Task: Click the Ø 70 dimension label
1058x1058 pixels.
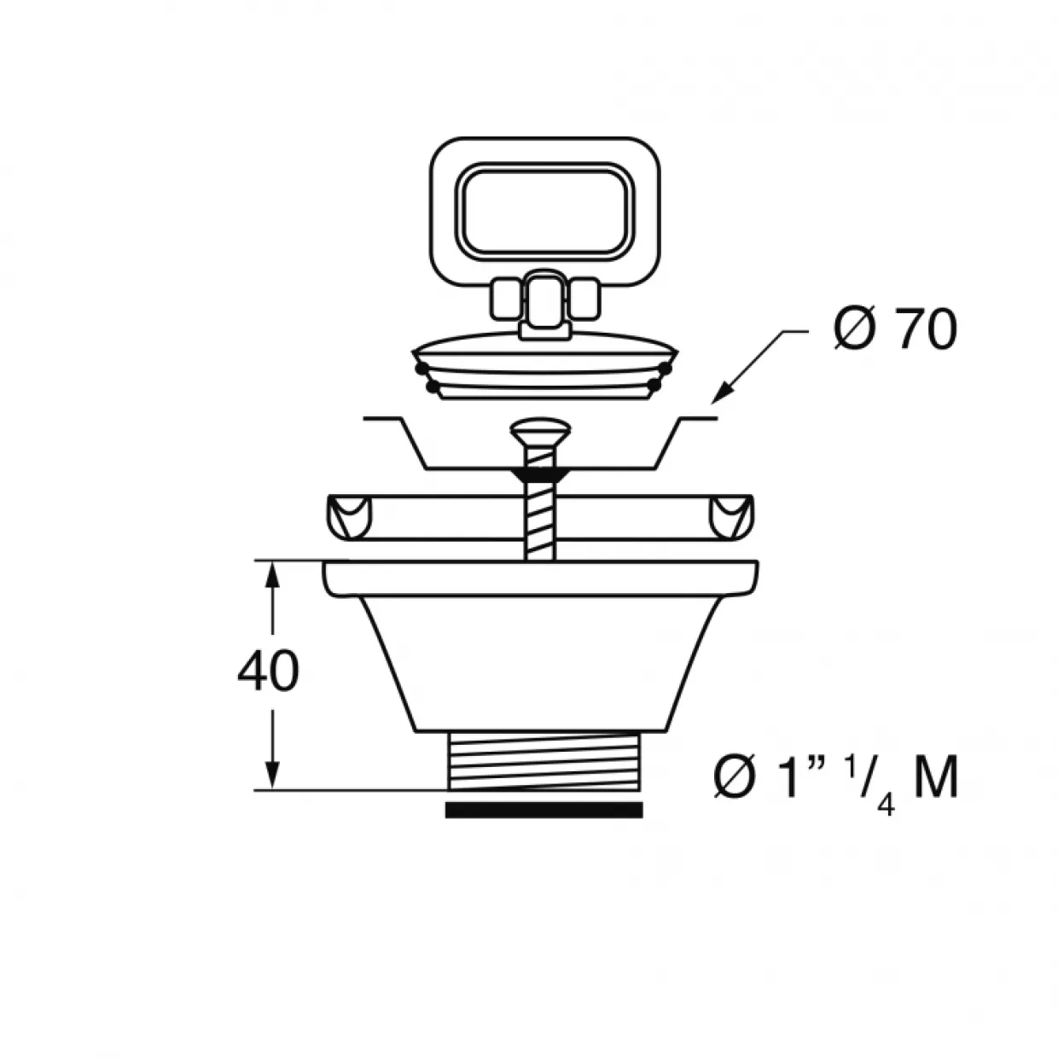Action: (x=894, y=330)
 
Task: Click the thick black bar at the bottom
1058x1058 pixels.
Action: (x=544, y=810)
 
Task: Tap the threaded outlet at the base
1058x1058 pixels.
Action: (x=544, y=762)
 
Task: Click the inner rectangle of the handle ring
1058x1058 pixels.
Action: (x=545, y=212)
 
